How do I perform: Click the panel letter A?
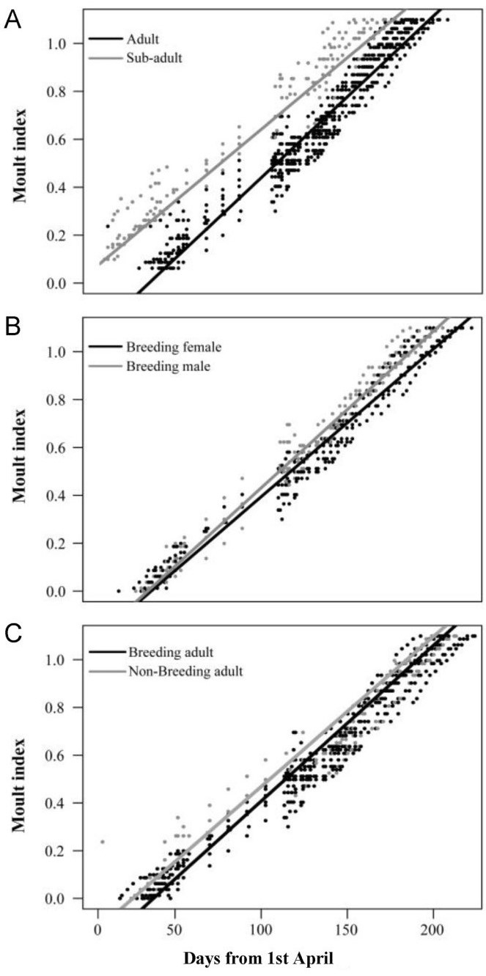coord(12,21)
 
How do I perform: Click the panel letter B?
coord(12,326)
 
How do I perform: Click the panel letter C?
coord(12,633)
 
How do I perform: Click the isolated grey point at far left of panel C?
coord(103,841)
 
